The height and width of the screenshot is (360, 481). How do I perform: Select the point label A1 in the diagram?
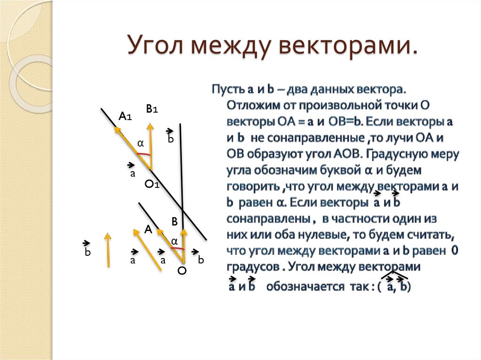(125, 116)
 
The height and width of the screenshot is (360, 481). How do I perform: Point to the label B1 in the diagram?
(152, 109)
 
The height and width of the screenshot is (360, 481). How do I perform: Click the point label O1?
(152, 185)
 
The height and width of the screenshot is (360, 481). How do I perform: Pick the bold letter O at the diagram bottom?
(182, 271)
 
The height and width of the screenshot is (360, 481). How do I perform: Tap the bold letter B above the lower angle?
(174, 222)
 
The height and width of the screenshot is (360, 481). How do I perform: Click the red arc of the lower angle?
(177, 249)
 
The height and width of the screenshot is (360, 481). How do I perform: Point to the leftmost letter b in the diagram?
(87, 253)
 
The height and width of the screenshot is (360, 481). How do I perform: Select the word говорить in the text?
(253, 186)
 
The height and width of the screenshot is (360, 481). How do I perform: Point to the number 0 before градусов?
(454, 250)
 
